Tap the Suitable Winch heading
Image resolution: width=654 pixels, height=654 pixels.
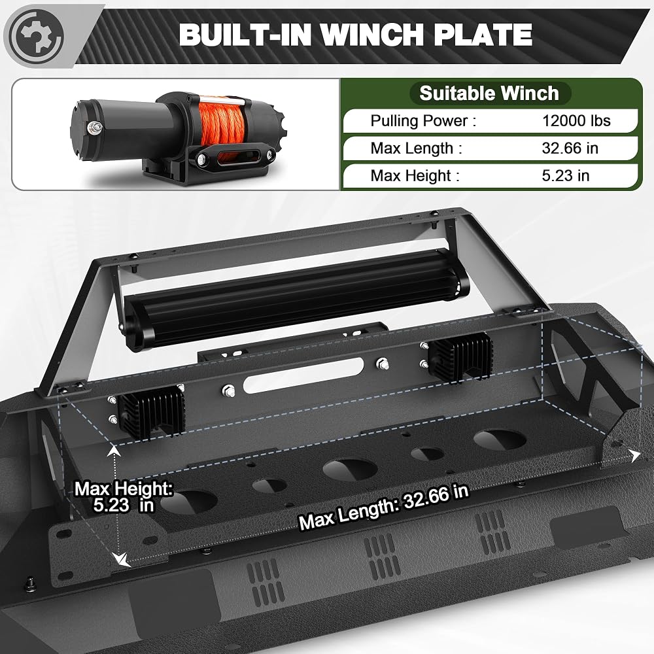tap(489, 93)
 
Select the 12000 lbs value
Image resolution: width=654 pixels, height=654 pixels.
tap(576, 121)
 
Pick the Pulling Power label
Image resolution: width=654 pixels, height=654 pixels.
tap(423, 121)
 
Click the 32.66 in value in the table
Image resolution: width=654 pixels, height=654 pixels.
tap(570, 148)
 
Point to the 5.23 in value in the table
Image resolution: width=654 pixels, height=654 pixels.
tap(565, 175)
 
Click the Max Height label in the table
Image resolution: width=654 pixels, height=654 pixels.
tap(415, 175)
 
